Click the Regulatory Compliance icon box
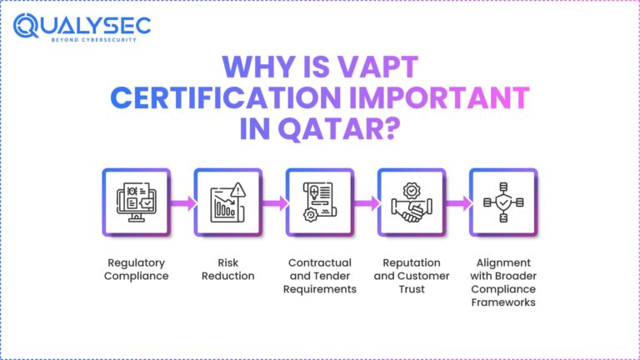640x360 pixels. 136,202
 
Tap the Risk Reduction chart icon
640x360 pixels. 228,202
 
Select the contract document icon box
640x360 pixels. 320,202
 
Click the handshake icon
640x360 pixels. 412,202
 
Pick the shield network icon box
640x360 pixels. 503,202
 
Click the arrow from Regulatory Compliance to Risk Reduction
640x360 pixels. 182,202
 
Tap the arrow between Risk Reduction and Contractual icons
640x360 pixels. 274,202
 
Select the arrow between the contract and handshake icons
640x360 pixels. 366,202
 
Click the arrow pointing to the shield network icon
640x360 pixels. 457,202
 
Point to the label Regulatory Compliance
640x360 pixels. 136,269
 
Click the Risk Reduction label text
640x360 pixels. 228,269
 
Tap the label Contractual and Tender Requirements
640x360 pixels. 320,276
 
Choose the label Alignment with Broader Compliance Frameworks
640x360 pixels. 503,282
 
